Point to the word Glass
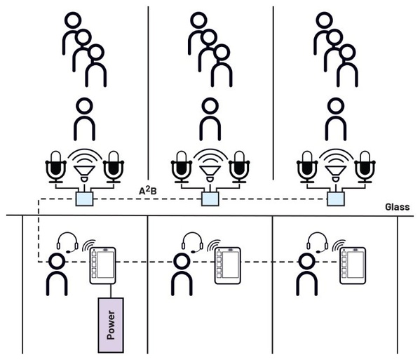(x=397, y=208)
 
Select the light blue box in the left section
(x=84, y=200)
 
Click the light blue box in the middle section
(x=209, y=200)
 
